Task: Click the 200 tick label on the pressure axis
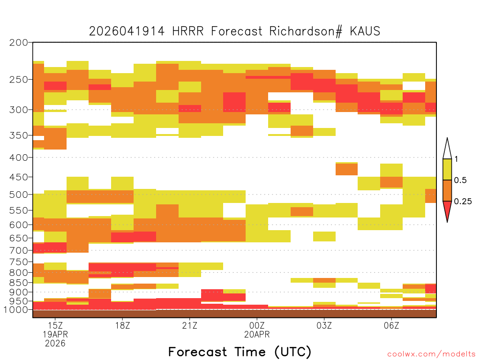tap(19, 43)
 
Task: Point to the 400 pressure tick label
tap(19, 157)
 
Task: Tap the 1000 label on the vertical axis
tap(16, 310)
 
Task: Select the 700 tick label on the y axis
tap(19, 250)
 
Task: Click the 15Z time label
tap(55, 325)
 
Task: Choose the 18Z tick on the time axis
tap(122, 325)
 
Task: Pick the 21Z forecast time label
tap(189, 325)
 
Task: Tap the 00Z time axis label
tap(257, 325)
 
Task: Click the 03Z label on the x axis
tap(324, 325)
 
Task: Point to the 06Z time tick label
tap(391, 325)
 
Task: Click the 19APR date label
tap(55, 334)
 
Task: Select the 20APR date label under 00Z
tap(257, 334)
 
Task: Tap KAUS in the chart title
tap(365, 31)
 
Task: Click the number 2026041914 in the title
tap(127, 31)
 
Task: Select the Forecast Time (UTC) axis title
tap(240, 352)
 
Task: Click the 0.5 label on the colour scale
tap(460, 180)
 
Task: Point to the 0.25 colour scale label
tap(463, 202)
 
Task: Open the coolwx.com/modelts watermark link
tap(431, 354)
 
